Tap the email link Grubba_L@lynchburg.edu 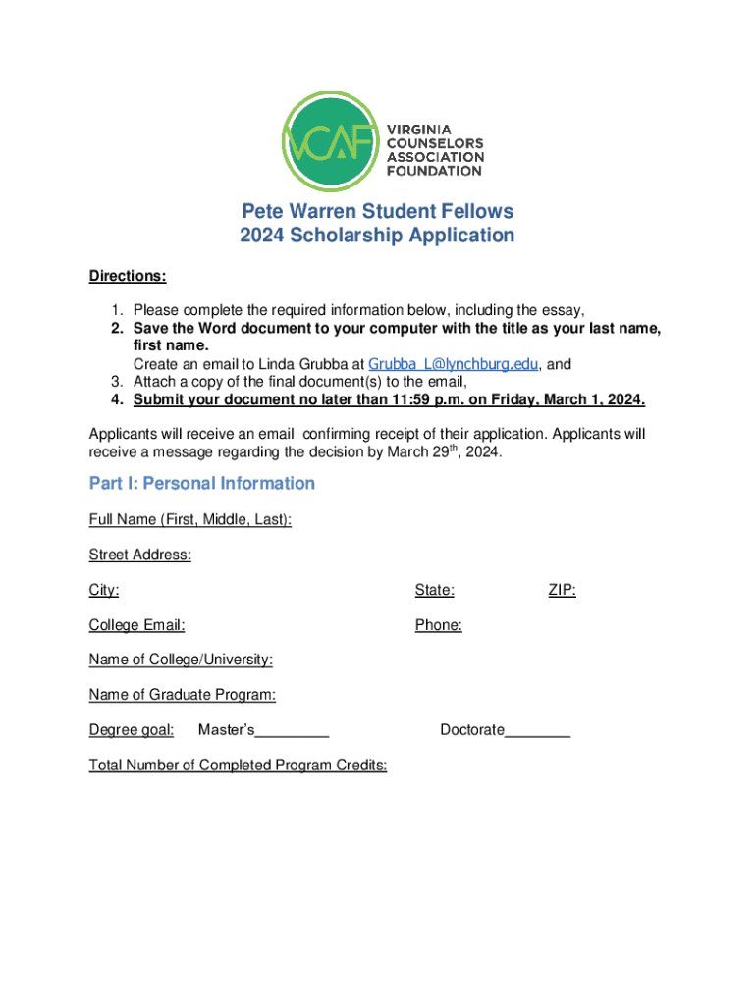tap(453, 364)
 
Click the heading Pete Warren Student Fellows tap(378, 211)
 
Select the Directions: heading tap(128, 276)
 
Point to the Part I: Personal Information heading tap(202, 483)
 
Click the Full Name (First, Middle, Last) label tap(189, 519)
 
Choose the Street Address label tap(139, 555)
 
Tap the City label tap(104, 590)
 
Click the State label tap(434, 590)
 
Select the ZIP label tap(562, 590)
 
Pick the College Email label tap(136, 625)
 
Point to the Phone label tap(438, 625)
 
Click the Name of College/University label tap(181, 660)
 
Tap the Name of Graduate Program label tap(182, 695)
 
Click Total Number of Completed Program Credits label tap(238, 766)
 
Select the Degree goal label tap(132, 730)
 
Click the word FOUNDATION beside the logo tap(434, 170)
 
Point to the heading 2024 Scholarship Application tap(378, 236)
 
